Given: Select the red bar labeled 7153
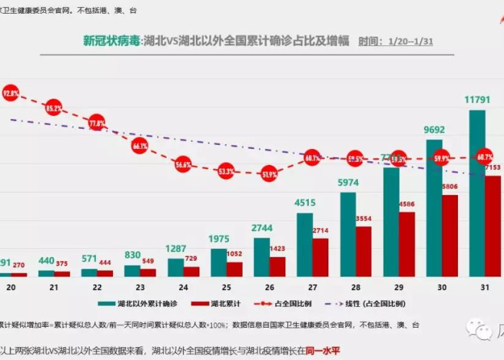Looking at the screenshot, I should coord(493,226).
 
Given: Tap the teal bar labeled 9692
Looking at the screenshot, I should coord(434,208).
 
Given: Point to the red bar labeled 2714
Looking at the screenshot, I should coord(320,257).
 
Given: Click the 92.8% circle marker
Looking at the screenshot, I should coord(10,93).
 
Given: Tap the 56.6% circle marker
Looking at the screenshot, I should coord(183,164).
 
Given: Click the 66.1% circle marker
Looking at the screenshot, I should coord(140,145).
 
